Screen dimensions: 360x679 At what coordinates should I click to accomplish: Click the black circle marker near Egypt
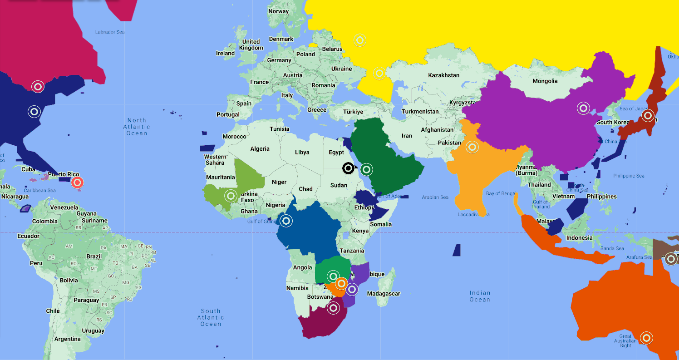[x=348, y=168]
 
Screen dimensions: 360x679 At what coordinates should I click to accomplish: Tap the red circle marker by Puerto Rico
[x=78, y=183]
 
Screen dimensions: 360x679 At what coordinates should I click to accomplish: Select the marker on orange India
[x=472, y=147]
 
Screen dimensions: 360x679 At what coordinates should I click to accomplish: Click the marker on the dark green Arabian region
[x=367, y=170]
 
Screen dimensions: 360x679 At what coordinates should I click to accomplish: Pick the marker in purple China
[x=583, y=108]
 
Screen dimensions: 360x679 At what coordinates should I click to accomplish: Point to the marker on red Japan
[x=648, y=115]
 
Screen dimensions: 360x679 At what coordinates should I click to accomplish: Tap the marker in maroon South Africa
[x=334, y=308]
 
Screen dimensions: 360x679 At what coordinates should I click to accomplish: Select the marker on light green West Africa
[x=231, y=196]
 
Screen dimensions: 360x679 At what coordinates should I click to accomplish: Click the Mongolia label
[x=545, y=81]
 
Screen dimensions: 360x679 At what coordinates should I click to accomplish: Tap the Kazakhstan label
[x=443, y=75]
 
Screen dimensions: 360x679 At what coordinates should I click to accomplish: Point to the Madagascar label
[x=384, y=294]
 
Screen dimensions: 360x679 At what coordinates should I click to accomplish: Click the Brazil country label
[x=94, y=256]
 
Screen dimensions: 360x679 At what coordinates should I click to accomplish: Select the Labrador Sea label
[x=110, y=32]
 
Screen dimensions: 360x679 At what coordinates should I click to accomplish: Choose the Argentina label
[x=67, y=339]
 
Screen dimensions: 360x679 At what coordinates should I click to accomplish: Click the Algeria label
[x=260, y=148]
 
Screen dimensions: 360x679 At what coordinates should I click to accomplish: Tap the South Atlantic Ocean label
[x=211, y=317]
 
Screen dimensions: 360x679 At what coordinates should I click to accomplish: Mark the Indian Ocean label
[x=480, y=296]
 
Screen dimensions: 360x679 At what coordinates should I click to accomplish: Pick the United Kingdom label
[x=251, y=44]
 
